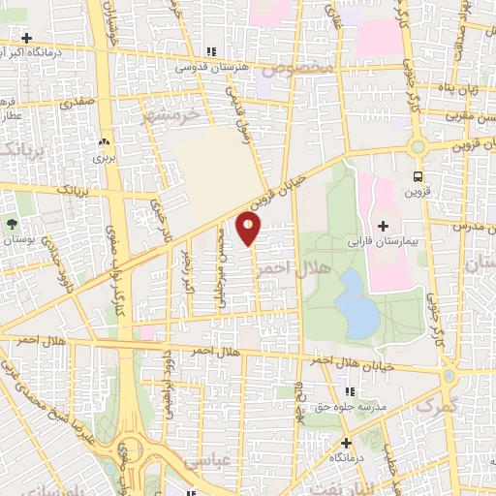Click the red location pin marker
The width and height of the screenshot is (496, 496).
pyautogui.click(x=249, y=229)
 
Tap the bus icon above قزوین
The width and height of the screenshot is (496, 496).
pyautogui.click(x=418, y=177)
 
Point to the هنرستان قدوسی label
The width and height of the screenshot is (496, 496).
pyautogui.click(x=213, y=69)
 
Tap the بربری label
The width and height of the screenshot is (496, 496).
pyautogui.click(x=102, y=153)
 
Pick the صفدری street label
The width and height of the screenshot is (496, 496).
pyautogui.click(x=78, y=100)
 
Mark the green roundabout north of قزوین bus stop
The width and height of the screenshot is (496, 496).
pyautogui.click(x=418, y=147)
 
